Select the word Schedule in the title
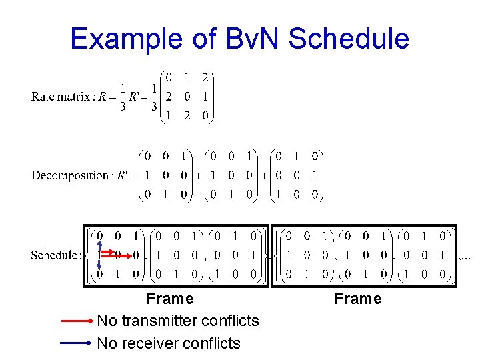click(x=349, y=39)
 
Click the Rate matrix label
click(x=61, y=97)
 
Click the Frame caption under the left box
click(x=170, y=299)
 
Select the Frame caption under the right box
click(x=358, y=299)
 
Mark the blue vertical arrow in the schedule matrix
click(x=99, y=255)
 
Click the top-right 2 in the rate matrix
click(x=206, y=77)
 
